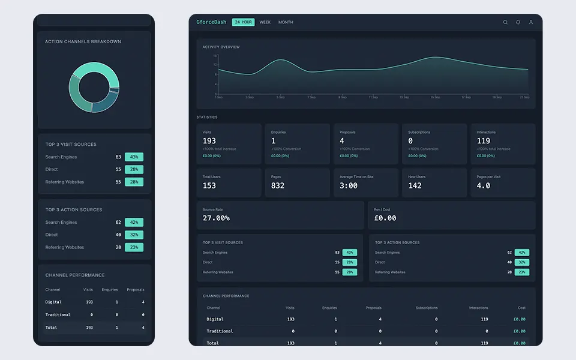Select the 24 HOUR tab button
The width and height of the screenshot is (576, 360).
click(x=243, y=22)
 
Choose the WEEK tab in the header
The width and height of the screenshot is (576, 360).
click(x=265, y=22)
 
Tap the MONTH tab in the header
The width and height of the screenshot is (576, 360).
click(x=286, y=22)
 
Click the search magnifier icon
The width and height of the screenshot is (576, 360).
click(x=505, y=22)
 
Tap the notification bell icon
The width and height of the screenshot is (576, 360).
click(x=518, y=22)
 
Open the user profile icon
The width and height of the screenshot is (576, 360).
click(x=531, y=22)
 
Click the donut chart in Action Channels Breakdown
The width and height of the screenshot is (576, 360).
click(x=94, y=88)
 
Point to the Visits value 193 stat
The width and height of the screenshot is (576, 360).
click(x=209, y=141)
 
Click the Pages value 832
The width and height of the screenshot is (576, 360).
click(x=278, y=185)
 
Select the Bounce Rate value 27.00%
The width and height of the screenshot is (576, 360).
click(x=216, y=218)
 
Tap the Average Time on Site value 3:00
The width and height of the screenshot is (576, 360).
click(x=349, y=185)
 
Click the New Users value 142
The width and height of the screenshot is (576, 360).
click(x=415, y=185)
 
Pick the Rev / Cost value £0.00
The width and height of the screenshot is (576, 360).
click(x=385, y=218)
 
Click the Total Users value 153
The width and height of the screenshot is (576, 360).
click(x=209, y=185)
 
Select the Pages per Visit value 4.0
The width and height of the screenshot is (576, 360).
click(x=484, y=185)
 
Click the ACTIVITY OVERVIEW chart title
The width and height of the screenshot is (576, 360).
click(x=221, y=47)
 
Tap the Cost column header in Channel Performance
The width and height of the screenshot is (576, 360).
click(x=521, y=308)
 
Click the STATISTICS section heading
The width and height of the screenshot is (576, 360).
click(x=207, y=117)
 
